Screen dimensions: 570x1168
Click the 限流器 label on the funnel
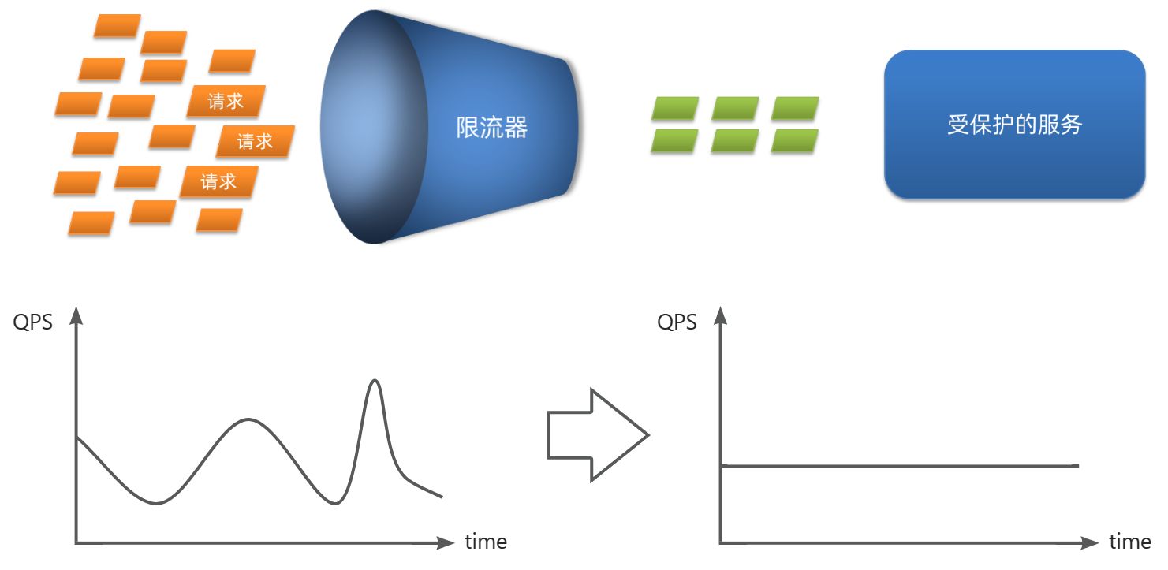click(491, 127)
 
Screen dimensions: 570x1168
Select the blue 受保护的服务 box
click(1014, 125)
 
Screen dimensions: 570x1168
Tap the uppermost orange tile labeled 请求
click(226, 101)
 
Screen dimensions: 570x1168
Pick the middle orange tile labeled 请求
click(255, 141)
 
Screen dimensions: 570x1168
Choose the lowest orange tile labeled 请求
click(218, 181)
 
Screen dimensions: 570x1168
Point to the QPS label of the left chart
click(33, 322)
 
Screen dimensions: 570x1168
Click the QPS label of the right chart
click(677, 322)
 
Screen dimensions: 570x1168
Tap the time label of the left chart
click(486, 542)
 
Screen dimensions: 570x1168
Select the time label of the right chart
click(1129, 542)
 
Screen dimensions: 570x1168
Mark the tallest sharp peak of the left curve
click(375, 382)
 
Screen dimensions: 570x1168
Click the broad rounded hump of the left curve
click(249, 420)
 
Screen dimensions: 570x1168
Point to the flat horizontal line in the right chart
click(899, 466)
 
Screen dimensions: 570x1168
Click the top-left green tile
click(675, 108)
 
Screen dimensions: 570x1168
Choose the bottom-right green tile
click(795, 140)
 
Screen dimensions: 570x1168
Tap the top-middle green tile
click(735, 108)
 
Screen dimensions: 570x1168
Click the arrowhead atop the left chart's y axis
click(76, 316)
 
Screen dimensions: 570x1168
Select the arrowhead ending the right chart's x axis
click(1090, 542)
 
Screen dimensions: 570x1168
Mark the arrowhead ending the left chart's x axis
click(446, 542)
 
